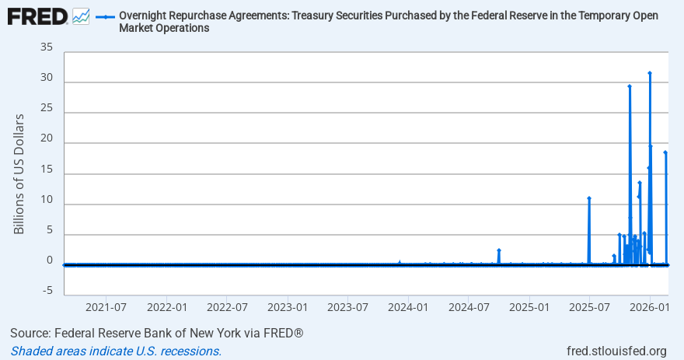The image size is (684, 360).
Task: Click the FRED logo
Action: coord(37,16)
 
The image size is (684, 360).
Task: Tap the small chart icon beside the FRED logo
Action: coord(81,16)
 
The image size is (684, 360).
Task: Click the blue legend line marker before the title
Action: coord(105,16)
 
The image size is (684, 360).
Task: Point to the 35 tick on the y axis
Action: coord(46,47)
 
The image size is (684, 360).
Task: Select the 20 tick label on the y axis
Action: coord(46,138)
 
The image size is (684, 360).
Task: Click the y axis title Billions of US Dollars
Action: coord(19,174)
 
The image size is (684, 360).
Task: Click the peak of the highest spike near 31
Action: coord(650,73)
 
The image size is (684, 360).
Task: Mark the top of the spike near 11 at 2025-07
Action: coord(589,198)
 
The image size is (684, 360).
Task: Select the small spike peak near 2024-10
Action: coord(499,250)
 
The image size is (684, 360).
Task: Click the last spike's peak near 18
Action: coord(665,152)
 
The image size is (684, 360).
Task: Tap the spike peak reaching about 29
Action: coord(630,86)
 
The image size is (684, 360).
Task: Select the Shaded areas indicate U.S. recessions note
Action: coord(116,351)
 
